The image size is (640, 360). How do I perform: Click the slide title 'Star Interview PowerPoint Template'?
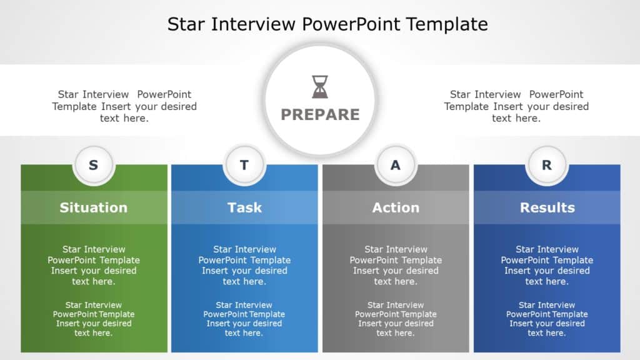click(327, 24)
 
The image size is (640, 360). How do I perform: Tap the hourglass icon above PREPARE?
click(320, 87)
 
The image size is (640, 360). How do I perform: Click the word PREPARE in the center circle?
click(320, 114)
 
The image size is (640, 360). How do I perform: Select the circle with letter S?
click(94, 166)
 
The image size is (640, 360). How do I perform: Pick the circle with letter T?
click(244, 166)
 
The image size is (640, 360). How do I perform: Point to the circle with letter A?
click(396, 166)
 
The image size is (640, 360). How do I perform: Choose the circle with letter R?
click(547, 166)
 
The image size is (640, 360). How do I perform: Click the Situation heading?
click(94, 207)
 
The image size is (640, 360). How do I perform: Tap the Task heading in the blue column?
click(244, 207)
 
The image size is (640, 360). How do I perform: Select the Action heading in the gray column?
click(396, 207)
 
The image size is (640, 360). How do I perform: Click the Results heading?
click(547, 207)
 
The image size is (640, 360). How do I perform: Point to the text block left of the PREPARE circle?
click(124, 106)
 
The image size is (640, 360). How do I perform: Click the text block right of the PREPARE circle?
click(516, 106)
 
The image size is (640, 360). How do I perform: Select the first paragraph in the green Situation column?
click(94, 266)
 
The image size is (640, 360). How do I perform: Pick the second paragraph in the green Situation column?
click(94, 319)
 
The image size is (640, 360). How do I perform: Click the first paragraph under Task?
click(244, 266)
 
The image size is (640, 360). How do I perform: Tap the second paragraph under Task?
click(244, 319)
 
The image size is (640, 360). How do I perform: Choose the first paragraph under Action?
click(396, 266)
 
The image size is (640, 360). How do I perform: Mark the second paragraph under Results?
click(547, 319)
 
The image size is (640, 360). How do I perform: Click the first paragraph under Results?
click(547, 266)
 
